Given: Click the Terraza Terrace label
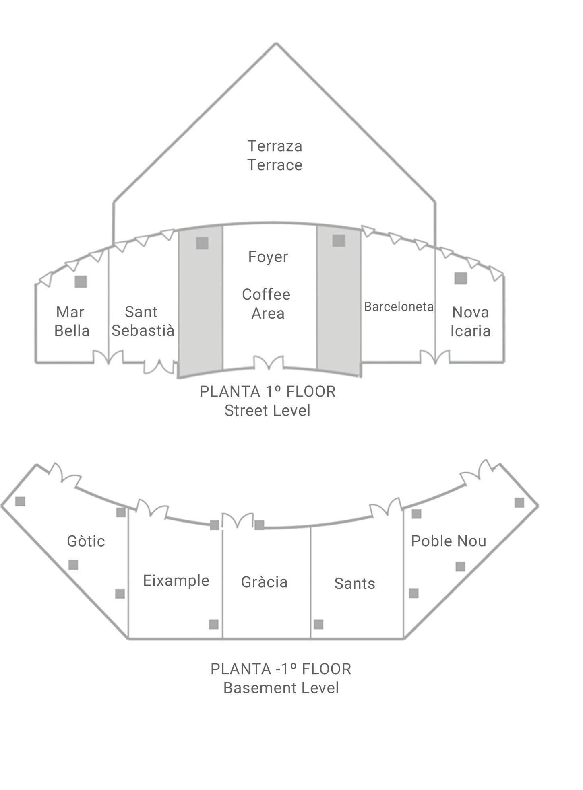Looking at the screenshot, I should [275, 155].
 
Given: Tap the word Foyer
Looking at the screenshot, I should [268, 257].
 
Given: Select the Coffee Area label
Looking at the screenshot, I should [267, 304].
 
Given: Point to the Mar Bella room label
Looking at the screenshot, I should [72, 321].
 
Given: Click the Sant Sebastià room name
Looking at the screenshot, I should [143, 321].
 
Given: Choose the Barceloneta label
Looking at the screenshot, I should [399, 307].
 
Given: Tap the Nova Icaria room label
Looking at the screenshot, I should [470, 322].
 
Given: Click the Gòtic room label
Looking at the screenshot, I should [86, 541].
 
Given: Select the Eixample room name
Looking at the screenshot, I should [176, 581].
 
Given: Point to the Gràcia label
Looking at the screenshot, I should [265, 582].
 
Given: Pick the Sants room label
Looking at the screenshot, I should [355, 584].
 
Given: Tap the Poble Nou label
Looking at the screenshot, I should [449, 541].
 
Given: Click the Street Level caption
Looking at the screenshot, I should [267, 411].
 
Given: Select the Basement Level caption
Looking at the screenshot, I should [281, 688].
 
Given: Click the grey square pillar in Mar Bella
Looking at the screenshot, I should [81, 282].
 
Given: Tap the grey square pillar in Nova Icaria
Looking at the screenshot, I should [461, 278].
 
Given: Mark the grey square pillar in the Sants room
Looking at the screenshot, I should [318, 624].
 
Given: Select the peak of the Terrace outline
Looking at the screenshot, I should [276, 43].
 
